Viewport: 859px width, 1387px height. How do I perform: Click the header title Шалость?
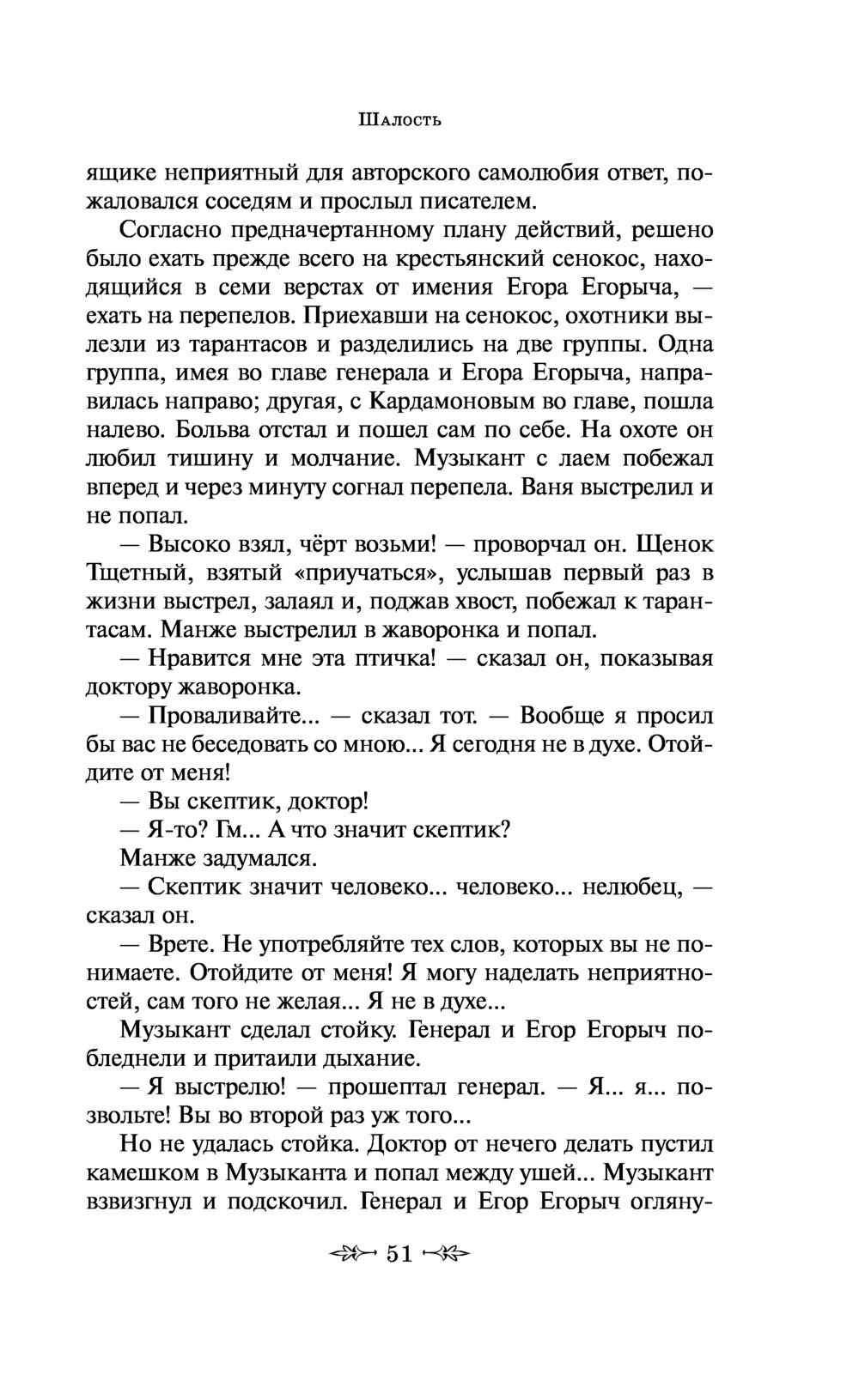pos(399,119)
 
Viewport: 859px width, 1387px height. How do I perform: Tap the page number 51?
pos(399,1254)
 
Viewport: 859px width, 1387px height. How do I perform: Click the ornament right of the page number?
pos(448,1254)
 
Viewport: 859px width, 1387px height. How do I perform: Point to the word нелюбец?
pos(631,887)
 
